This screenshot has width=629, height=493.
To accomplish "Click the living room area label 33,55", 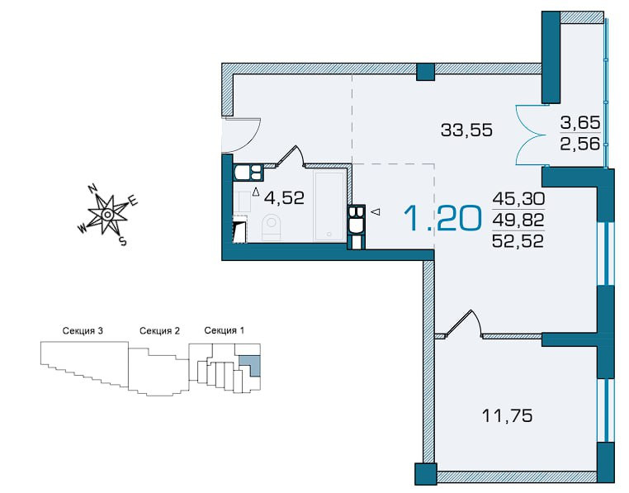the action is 466,130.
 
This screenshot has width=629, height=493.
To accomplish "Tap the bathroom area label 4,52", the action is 285,197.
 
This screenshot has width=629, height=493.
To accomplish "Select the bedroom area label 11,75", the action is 507,415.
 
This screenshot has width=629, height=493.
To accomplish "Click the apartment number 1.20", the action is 442,218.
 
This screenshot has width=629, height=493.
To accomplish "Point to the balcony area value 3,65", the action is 580,122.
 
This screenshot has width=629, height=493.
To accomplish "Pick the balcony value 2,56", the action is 580,143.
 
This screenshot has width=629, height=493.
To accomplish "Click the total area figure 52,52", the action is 518,241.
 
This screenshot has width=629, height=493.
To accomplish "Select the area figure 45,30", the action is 518,198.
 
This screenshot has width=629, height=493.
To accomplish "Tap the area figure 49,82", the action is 518,220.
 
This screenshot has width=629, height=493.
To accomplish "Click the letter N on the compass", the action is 92,188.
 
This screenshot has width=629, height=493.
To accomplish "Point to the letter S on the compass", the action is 123,241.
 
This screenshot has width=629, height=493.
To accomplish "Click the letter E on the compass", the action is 133,201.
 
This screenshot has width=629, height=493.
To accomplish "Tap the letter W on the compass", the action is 83,229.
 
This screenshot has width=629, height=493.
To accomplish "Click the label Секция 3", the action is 83,331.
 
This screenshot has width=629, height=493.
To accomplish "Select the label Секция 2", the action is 159,331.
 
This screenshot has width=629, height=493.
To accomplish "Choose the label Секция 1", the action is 225,330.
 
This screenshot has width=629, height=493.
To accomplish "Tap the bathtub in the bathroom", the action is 329,206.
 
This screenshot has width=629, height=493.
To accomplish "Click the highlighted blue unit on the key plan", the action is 251,363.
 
